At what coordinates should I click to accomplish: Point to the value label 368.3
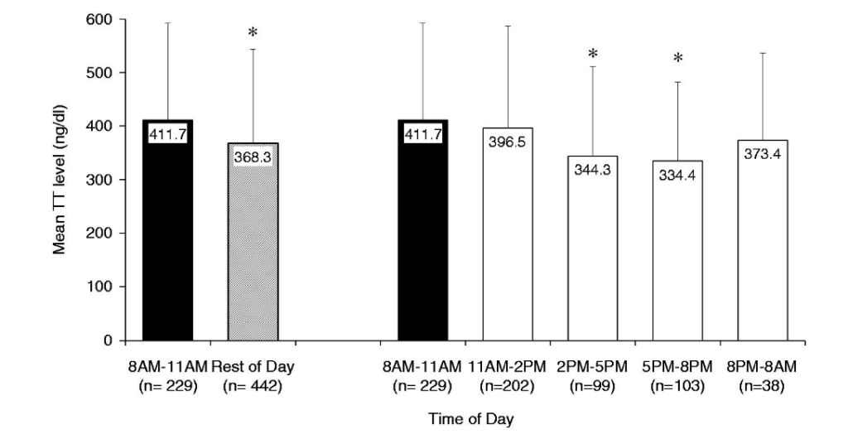coord(253,157)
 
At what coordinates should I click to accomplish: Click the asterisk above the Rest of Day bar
coord(253,34)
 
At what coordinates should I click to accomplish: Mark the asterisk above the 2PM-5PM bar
coord(593,55)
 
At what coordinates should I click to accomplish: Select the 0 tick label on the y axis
coord(109,340)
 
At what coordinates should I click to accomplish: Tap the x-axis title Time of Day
coord(470,419)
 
